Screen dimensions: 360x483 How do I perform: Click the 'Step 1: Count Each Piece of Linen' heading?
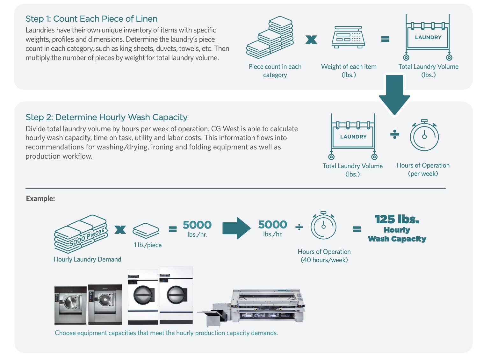91,19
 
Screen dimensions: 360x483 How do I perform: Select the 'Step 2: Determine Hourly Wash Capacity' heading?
106,117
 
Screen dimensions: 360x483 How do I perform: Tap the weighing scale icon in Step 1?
348,37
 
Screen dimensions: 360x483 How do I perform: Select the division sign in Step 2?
394,134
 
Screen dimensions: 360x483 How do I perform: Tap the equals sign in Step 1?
385,39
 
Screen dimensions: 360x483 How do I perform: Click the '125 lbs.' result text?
397,219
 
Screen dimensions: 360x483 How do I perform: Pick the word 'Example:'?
40,198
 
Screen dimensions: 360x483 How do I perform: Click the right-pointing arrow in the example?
236,228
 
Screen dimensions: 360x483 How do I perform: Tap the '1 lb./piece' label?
148,245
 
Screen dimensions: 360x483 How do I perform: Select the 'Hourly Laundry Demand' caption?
87,259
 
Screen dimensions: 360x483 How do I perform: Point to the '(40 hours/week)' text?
324,260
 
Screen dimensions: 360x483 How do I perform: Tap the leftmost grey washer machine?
70,305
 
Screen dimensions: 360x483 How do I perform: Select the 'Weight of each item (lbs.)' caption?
349,71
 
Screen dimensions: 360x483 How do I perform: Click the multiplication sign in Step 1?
311,40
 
